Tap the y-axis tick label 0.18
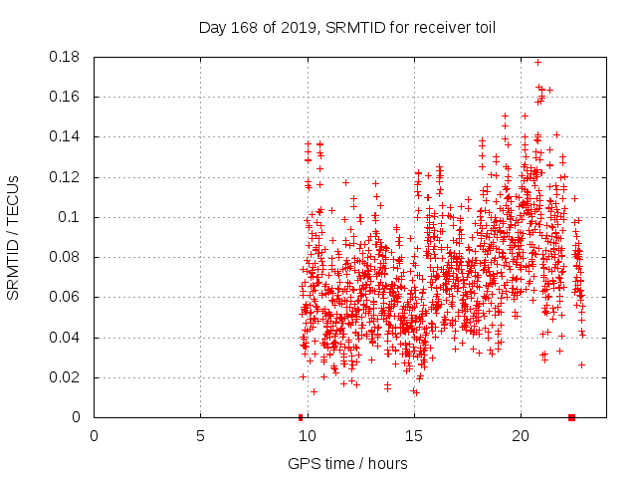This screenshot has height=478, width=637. click(67, 57)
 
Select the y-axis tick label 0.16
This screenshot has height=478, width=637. click(67, 97)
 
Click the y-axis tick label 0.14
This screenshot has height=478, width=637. click(67, 136)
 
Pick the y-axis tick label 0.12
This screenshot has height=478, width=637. click(67, 177)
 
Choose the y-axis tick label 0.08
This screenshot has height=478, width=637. click(67, 257)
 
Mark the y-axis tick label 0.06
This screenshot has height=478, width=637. click(67, 297)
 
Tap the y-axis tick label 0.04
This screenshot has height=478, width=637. click(67, 338)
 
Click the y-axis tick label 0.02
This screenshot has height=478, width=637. click(67, 377)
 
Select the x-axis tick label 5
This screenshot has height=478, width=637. click(200, 436)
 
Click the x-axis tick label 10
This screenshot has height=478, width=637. click(307, 436)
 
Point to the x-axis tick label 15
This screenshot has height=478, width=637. click(413, 436)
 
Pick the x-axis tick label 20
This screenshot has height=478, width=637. click(520, 436)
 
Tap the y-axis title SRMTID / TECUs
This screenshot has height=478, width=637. click(13, 237)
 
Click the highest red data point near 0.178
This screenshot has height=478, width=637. click(538, 62)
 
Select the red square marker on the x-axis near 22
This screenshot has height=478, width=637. click(571, 417)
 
